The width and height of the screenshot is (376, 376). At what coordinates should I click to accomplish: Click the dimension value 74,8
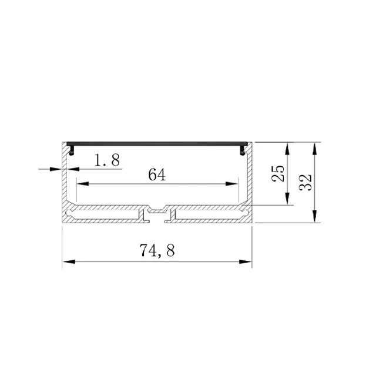point(157,250)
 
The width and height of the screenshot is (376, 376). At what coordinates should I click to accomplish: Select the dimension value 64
point(157,174)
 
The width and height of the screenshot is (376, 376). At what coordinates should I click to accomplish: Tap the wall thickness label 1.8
point(107,160)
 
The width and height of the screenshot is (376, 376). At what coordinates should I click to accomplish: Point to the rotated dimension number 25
point(278,174)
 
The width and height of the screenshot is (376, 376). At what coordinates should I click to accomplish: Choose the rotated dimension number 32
point(305,182)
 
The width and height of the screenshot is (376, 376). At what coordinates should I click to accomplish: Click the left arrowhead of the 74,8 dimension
point(69,261)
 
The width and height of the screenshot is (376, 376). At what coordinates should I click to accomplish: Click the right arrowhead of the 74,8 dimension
point(246,261)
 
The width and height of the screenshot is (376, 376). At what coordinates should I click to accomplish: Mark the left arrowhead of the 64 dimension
point(82,184)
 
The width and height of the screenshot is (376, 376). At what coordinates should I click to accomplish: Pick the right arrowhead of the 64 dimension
point(232,184)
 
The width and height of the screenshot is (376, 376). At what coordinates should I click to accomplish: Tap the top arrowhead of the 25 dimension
point(287,149)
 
